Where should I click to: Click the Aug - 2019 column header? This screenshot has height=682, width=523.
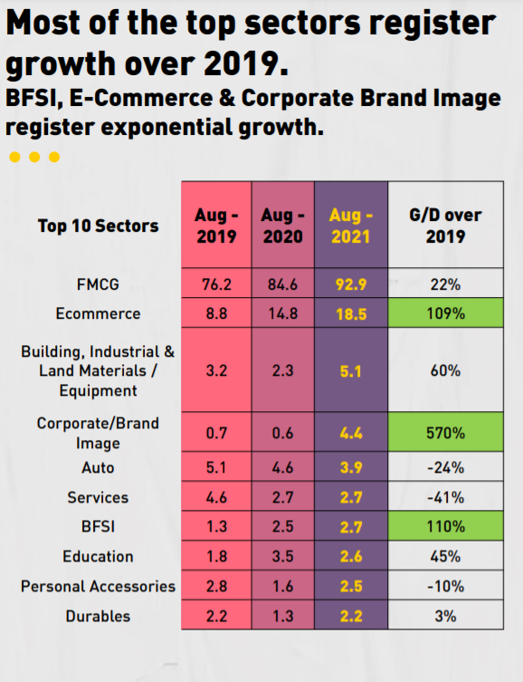216,226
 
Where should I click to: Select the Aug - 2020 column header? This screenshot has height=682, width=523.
283,226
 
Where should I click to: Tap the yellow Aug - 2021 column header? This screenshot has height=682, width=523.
349,226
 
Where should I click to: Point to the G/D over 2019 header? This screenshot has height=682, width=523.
445,226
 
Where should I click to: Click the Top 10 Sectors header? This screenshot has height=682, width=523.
98,226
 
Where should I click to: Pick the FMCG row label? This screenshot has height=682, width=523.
98,284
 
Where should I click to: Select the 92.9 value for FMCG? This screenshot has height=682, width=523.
349,284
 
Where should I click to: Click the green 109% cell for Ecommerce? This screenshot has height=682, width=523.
445,313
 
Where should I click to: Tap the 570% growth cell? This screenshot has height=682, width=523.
445,433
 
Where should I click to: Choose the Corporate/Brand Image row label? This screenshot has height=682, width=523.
98,433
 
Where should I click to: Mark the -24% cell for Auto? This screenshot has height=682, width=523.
445,467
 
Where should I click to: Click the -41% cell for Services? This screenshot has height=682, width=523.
445,497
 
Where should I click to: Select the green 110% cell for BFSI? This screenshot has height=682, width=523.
445,526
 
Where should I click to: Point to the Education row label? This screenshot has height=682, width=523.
98,556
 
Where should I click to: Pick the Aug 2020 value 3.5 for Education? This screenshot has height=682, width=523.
283,556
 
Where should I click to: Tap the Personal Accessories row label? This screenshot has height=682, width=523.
98,586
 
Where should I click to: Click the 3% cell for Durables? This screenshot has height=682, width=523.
445,616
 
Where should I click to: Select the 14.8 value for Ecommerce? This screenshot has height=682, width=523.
283,313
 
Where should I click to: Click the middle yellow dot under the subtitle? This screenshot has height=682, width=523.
34,157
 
